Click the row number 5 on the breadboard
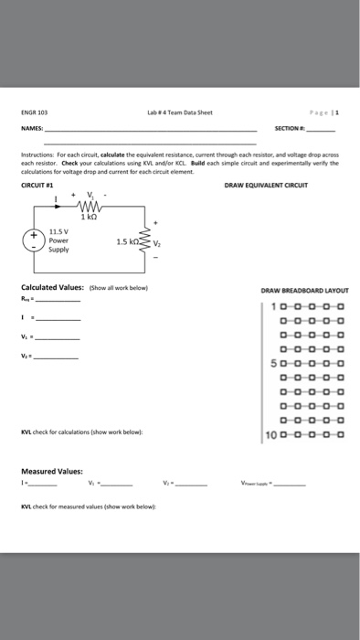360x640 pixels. pos(276,363)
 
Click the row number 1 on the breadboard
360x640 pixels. pos(276,306)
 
